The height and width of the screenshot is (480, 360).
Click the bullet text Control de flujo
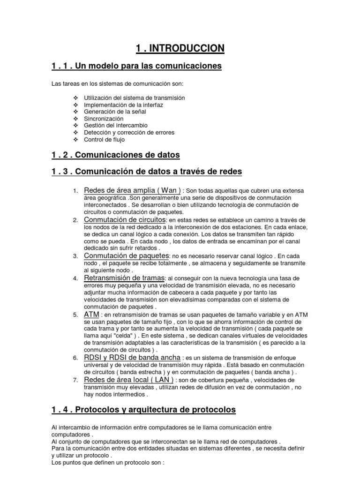click(104, 139)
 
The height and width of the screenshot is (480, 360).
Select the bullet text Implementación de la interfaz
click(123, 105)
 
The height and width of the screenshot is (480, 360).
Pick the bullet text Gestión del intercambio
click(115, 126)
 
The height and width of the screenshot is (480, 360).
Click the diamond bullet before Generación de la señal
click(76, 112)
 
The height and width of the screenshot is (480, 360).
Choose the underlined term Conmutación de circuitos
click(125, 219)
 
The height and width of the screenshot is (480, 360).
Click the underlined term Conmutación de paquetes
click(126, 255)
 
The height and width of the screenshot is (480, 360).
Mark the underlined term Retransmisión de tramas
click(124, 277)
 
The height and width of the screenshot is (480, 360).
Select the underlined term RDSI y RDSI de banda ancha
click(132, 357)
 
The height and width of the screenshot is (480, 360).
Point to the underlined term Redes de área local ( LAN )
click(129, 379)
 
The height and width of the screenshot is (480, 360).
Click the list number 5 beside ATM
click(75, 315)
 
